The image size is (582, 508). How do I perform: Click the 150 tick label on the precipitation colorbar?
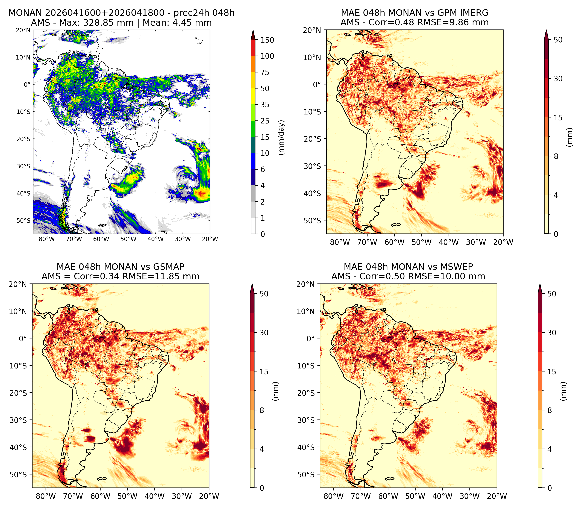pyautogui.click(x=267, y=40)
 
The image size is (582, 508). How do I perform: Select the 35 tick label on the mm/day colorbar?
pyautogui.click(x=265, y=105)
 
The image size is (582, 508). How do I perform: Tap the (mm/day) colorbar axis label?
pyautogui.click(x=281, y=137)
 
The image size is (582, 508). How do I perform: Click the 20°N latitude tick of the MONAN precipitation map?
pyautogui.click(x=23, y=30)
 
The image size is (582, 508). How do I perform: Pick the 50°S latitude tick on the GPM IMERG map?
pyautogui.click(x=312, y=221)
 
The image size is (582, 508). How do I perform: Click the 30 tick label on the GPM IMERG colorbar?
pyautogui.click(x=558, y=79)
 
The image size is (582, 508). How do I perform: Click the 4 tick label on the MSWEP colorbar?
pyautogui.click(x=549, y=449)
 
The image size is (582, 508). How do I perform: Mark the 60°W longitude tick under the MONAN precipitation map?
pyautogui.click(x=101, y=239)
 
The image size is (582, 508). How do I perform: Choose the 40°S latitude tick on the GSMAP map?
pyautogui.click(x=18, y=447)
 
